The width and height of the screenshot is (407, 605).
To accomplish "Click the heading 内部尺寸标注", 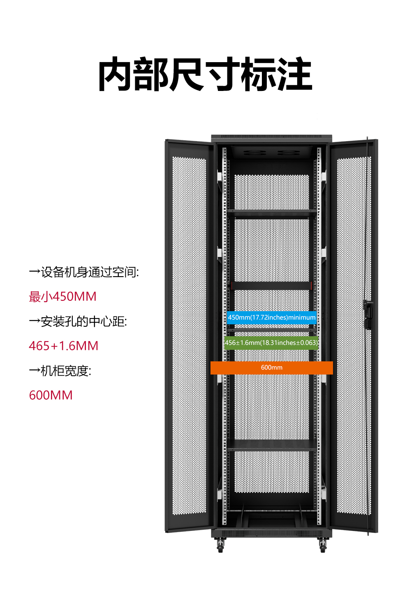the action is [205, 74].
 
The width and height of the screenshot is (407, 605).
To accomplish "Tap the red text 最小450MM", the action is [62, 297].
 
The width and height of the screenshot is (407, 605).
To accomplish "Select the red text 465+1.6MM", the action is [64, 346].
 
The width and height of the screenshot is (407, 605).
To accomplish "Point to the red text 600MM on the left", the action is [51, 396].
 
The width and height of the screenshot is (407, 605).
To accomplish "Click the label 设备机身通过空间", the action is [90, 272].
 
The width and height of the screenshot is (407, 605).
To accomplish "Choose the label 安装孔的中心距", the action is [83, 321].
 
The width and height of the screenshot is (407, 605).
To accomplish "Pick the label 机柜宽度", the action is [66, 371].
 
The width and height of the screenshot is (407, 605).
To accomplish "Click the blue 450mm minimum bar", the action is [272, 317].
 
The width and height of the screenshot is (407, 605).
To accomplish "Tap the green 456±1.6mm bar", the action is [271, 343].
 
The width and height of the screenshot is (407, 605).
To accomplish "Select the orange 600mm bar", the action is [272, 368].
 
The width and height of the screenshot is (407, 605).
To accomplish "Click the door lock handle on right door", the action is [368, 314].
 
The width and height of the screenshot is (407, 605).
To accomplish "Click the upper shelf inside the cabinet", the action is [272, 214].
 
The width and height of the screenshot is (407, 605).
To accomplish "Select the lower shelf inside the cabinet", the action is [272, 445].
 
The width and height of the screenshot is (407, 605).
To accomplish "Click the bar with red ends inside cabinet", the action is [272, 286].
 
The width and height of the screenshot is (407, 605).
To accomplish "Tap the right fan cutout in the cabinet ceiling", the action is [289, 153].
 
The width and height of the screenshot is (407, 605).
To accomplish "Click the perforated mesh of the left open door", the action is [190, 335].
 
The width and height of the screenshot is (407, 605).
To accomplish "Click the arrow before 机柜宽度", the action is [35, 371].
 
